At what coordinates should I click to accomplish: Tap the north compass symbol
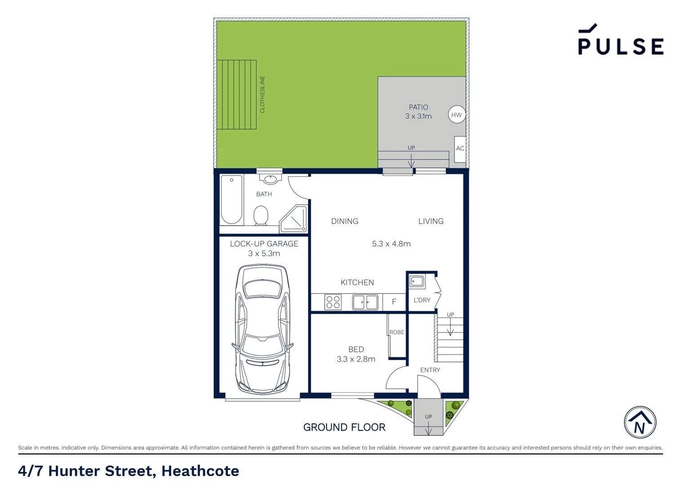pos(640,423)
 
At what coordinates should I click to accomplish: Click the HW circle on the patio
pos(456,115)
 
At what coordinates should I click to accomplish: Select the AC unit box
pos(460,149)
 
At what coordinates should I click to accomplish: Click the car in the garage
pos(263,329)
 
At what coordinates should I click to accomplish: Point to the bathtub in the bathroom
pos(232,199)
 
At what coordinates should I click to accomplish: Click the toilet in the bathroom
pos(261,215)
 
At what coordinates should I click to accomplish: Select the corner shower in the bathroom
pos(294,220)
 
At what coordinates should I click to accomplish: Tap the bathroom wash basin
pos(270,180)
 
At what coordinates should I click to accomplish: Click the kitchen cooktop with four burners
pos(333,302)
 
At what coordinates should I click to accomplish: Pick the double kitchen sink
pos(365,302)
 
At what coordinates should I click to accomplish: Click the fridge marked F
pos(394,302)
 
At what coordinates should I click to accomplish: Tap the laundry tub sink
pos(417,282)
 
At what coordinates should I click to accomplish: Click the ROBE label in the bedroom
pos(397,332)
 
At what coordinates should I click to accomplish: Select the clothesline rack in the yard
pos(237,94)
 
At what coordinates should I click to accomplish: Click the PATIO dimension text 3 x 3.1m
pos(418,116)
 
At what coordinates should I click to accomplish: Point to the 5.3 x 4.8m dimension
pos(391,244)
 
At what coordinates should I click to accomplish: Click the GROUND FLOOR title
pos(344,427)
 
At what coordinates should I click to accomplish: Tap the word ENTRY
pos(430,370)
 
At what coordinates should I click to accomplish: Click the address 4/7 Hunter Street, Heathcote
pos(129,471)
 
